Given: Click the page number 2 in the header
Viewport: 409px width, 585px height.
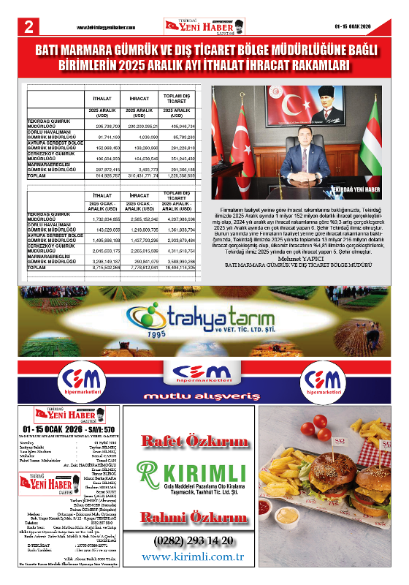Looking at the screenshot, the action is coord(28,27).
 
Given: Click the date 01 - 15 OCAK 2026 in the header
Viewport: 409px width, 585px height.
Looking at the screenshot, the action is coord(362,27).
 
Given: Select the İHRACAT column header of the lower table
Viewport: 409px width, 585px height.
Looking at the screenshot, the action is coord(139,195).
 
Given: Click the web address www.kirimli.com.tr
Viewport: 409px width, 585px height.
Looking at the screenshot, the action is coord(194,556).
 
